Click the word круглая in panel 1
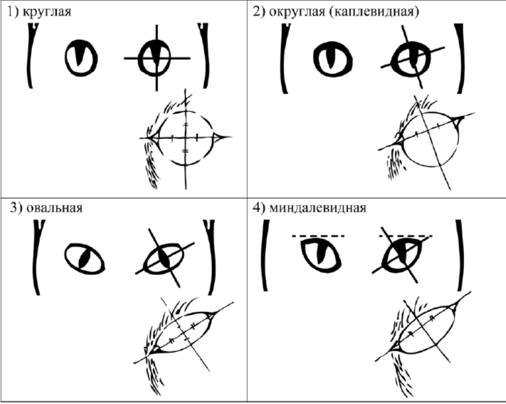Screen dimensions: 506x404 click(x=48, y=11)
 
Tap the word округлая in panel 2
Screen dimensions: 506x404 click(x=297, y=11)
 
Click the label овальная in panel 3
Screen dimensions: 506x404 click(x=55, y=207)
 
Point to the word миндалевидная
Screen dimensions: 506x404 click(x=317, y=207)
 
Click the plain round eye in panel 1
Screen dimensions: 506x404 click(x=81, y=58)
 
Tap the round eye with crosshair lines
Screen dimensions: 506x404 click(x=157, y=58)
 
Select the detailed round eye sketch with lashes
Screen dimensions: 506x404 click(x=185, y=139)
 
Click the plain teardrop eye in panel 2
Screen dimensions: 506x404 click(x=333, y=59)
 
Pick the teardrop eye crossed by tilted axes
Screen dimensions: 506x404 click(x=413, y=59)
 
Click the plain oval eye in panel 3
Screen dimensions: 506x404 click(x=85, y=259)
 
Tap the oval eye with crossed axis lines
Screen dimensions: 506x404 click(x=165, y=259)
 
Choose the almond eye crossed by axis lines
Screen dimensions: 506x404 click(x=402, y=255)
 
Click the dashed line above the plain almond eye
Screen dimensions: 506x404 click(x=318, y=236)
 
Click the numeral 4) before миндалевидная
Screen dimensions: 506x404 click(x=259, y=207)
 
